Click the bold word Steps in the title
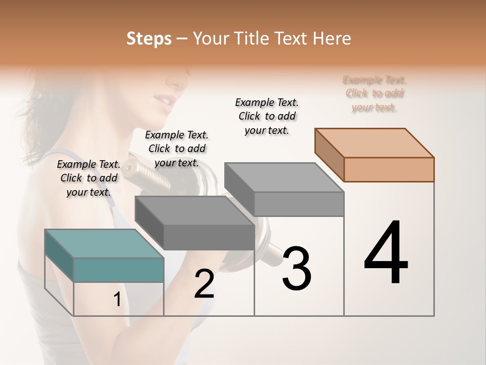click(149, 39)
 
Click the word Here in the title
click(331, 39)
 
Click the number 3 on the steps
click(296, 269)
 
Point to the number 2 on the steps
click(204, 284)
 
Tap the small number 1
click(117, 300)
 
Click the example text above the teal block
click(89, 178)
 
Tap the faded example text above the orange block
click(375, 93)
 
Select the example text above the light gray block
click(267, 116)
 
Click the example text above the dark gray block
click(177, 149)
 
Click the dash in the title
click(180, 39)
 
